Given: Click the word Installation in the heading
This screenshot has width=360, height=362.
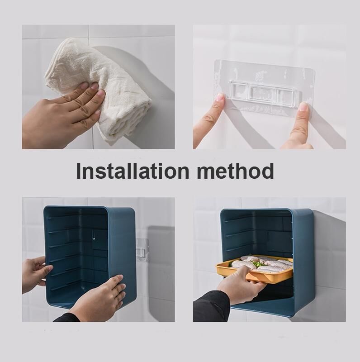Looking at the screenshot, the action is pyautogui.click(x=133, y=171).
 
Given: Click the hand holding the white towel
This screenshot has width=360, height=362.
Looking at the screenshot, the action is pyautogui.click(x=60, y=113).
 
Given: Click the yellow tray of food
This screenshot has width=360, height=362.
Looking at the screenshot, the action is pyautogui.click(x=254, y=268).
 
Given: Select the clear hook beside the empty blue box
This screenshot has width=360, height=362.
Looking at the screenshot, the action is pyautogui.click(x=142, y=250).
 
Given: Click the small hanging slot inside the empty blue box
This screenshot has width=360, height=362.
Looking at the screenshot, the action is pyautogui.click(x=94, y=235).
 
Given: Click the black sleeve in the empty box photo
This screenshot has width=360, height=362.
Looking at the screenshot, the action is pyautogui.click(x=67, y=318).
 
